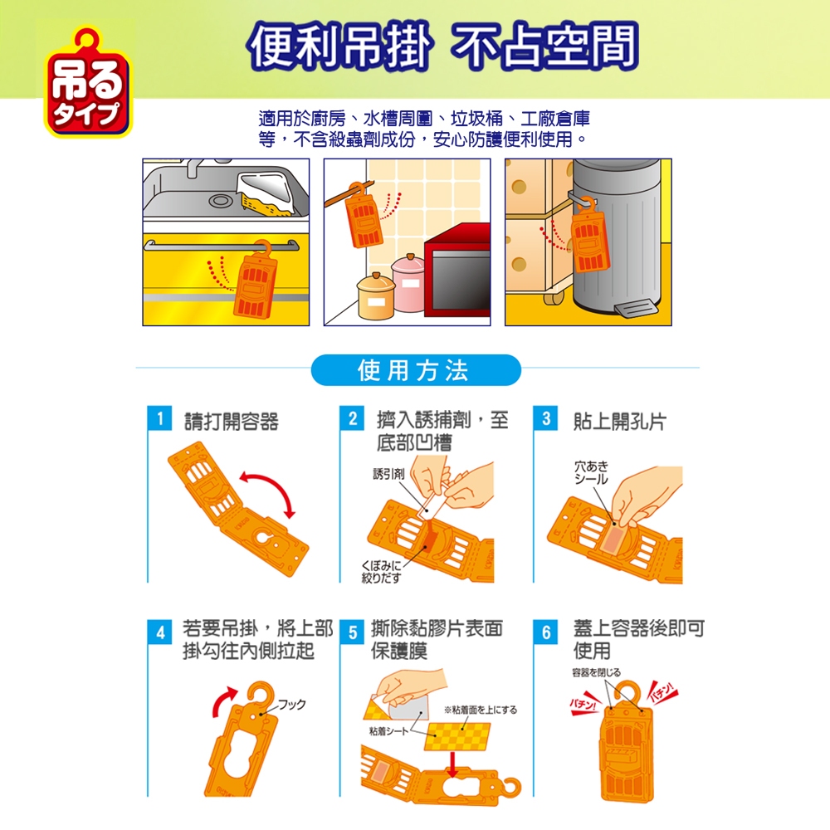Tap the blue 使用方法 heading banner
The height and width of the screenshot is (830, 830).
[416, 370]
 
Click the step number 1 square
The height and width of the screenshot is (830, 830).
[159, 418]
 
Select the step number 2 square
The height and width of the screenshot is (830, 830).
[353, 418]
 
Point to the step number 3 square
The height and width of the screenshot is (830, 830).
[546, 418]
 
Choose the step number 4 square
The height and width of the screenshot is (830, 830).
[160, 632]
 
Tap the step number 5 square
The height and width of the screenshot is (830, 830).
[353, 632]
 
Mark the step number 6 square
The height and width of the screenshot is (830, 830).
[546, 632]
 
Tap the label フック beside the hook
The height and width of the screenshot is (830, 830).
[292, 705]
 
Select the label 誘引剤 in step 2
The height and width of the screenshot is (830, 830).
[388, 474]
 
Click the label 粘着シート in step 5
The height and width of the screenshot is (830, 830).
[388, 731]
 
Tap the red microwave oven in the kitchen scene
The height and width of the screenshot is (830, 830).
[457, 271]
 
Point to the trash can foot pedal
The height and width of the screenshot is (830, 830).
[635, 308]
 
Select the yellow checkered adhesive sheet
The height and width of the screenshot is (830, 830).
[457, 736]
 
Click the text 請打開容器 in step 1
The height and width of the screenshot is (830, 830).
[232, 422]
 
